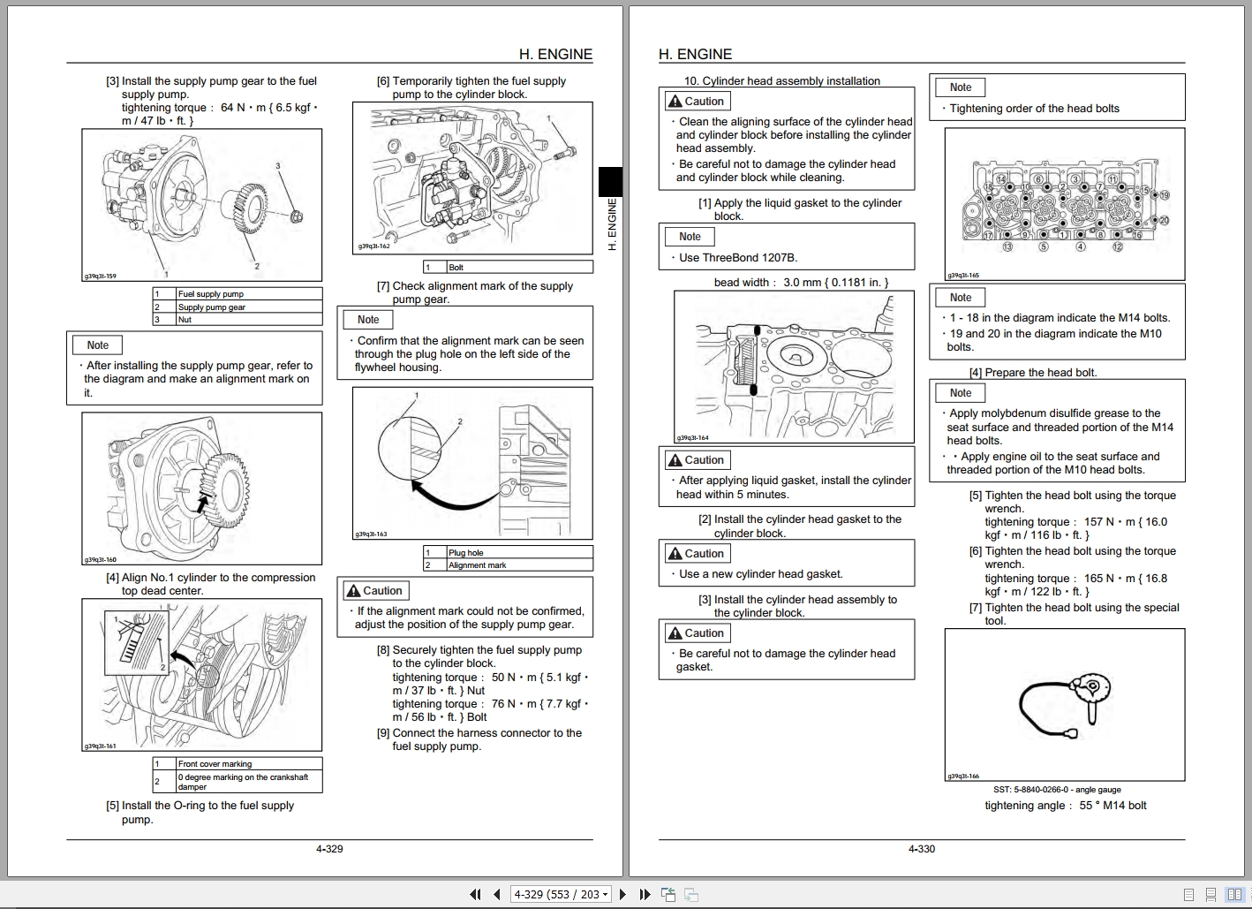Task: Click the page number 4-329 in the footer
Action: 329,849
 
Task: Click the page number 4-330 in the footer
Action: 921,849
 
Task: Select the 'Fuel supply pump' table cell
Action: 211,294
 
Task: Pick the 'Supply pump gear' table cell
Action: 212,307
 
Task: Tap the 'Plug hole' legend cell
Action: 466,553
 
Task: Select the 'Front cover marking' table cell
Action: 215,764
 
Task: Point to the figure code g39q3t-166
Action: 963,776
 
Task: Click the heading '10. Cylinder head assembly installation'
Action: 782,81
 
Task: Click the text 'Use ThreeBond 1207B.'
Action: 737,258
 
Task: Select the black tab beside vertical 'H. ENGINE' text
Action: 610,182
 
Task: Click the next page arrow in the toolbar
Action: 622,895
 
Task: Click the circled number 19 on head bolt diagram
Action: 1165,195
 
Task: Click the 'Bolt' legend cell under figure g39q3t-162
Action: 456,267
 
